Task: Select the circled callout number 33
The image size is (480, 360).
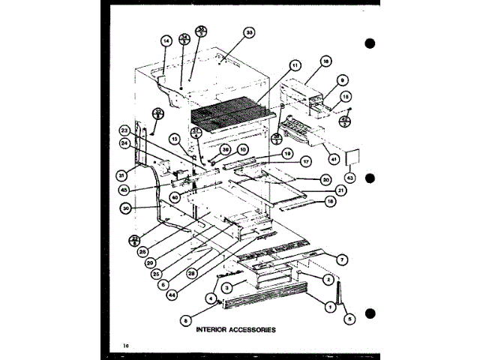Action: click(x=249, y=33)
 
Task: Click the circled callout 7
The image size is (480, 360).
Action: click(x=341, y=259)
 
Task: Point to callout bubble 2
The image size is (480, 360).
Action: click(x=328, y=279)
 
